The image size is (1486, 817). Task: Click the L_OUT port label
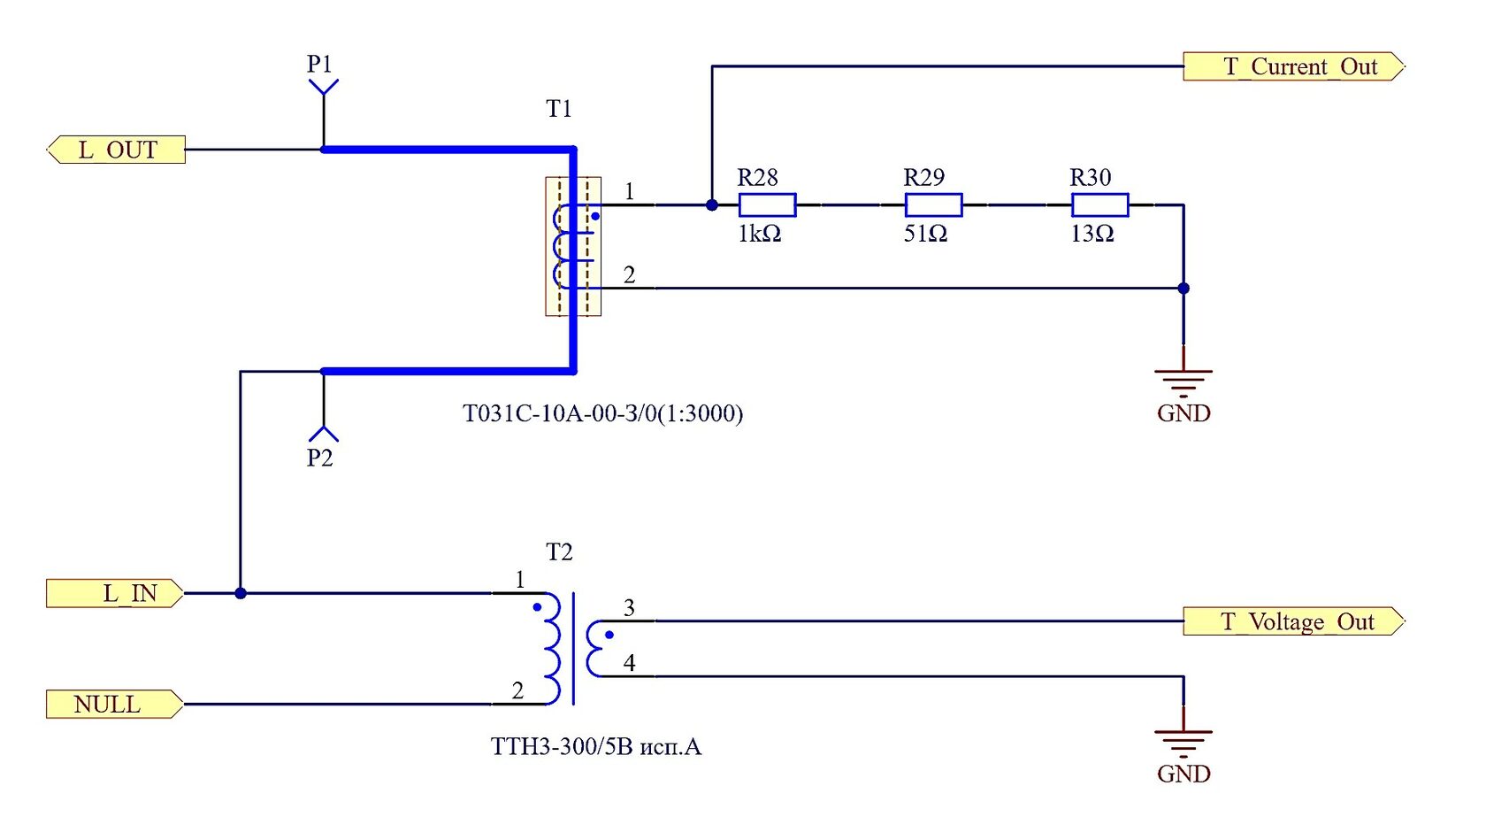pyautogui.click(x=116, y=150)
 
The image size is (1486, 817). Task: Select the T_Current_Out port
pyautogui.click(x=1293, y=66)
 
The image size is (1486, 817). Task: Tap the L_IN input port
pyautogui.click(x=115, y=593)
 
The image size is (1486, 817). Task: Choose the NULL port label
pyautogui.click(x=115, y=705)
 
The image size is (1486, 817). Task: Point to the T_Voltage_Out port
pyautogui.click(x=1293, y=621)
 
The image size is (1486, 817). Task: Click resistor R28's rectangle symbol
pyautogui.click(x=768, y=205)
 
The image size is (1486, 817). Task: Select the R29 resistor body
pyautogui.click(x=933, y=205)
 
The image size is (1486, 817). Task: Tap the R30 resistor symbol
pyautogui.click(x=1100, y=205)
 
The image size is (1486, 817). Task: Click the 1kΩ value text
pyautogui.click(x=760, y=234)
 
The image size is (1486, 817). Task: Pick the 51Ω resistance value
pyautogui.click(x=925, y=234)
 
